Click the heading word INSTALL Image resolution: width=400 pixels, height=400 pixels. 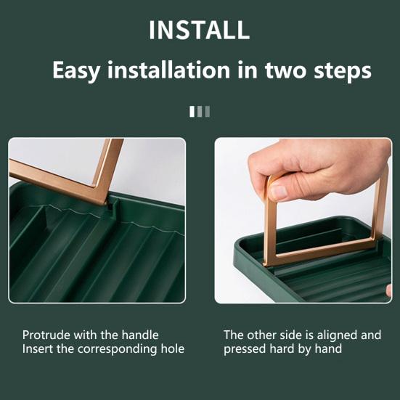click(x=199, y=30)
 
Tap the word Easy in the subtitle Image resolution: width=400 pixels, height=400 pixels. click(x=76, y=71)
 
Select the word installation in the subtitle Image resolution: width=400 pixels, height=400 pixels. click(x=168, y=70)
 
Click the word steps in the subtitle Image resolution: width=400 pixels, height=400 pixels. click(x=343, y=71)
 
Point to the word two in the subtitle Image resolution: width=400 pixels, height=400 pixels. click(x=285, y=70)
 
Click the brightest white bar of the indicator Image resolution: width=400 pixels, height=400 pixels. click(x=192, y=112)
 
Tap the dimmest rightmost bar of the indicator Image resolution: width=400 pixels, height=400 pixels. click(x=208, y=112)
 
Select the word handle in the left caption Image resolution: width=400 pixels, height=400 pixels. click(x=140, y=335)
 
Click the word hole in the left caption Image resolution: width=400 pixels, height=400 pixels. click(x=173, y=348)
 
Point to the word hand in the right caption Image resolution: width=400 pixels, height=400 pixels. click(x=328, y=348)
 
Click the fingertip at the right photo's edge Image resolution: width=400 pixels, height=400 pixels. click(x=389, y=291)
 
